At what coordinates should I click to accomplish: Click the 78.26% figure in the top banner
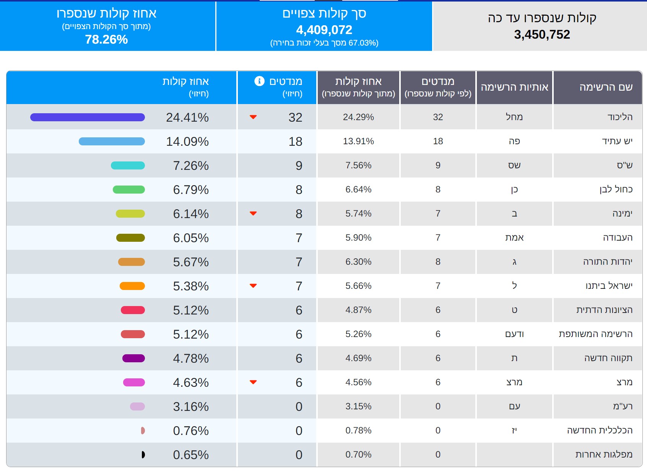click(x=106, y=39)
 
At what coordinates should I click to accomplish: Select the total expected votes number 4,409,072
click(x=324, y=30)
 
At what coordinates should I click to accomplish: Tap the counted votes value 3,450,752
click(x=542, y=35)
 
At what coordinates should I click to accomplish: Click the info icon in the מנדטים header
click(x=259, y=81)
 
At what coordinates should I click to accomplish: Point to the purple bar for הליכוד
click(x=87, y=117)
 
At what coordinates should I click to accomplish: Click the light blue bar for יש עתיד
click(x=112, y=142)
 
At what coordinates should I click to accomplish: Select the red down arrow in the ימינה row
click(x=253, y=213)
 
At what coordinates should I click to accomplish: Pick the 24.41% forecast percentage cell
click(x=187, y=117)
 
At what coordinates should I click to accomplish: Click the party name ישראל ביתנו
click(x=609, y=286)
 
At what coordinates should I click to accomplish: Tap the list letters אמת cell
click(x=514, y=238)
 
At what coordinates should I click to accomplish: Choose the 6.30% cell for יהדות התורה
click(x=358, y=262)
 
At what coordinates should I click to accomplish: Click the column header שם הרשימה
click(x=606, y=87)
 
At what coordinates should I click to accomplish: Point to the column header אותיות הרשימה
click(x=514, y=87)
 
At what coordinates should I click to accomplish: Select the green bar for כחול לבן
click(x=129, y=190)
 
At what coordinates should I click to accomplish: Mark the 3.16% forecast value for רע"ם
click(x=191, y=407)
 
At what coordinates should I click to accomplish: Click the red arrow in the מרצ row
click(x=253, y=382)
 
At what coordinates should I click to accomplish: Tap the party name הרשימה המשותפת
click(x=595, y=334)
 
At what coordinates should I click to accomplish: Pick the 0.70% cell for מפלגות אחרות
click(x=358, y=454)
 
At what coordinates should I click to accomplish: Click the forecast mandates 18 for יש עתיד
click(x=295, y=142)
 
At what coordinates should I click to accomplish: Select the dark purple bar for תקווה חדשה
click(x=133, y=358)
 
